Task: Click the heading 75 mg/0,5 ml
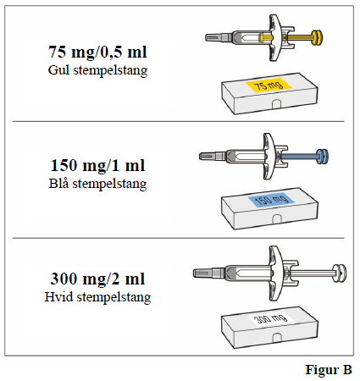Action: point(98,52)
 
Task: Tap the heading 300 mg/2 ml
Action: point(98,280)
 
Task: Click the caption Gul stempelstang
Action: point(98,69)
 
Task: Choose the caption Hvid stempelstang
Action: point(98,298)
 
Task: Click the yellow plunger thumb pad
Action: point(318,37)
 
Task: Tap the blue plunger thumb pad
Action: point(322,155)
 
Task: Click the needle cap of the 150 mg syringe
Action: point(212,155)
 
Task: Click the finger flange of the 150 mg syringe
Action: point(269,155)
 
